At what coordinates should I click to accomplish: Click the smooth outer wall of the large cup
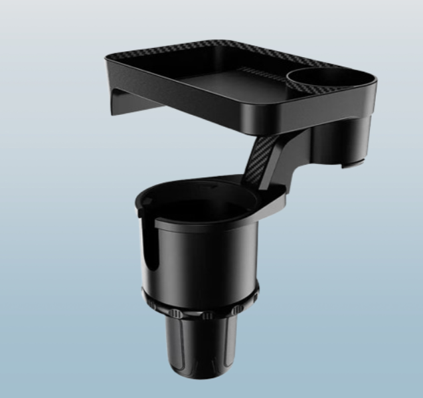click(x=212, y=259)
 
